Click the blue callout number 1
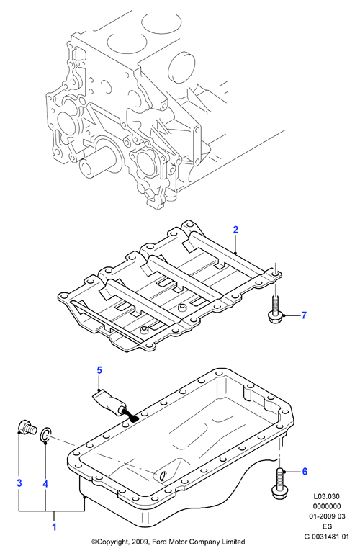[54, 527]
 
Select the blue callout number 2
[235, 230]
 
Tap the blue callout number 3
[19, 483]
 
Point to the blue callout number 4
[45, 484]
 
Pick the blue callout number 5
[99, 370]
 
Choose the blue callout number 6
[305, 471]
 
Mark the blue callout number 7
[304, 315]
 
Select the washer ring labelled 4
[43, 436]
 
